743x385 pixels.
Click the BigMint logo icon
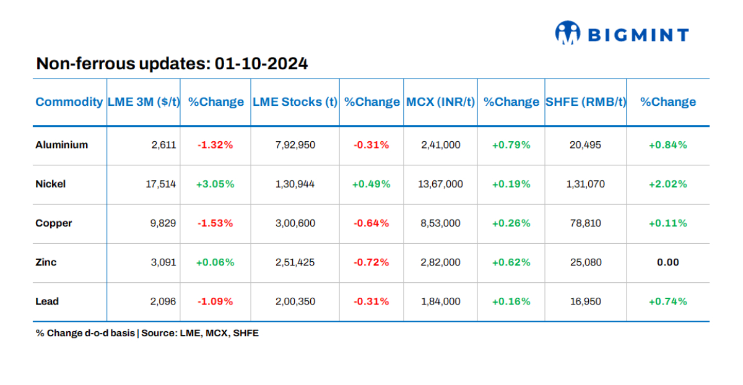pos(567,33)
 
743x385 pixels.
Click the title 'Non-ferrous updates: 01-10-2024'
pos(172,64)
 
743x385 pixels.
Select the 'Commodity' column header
pos(69,102)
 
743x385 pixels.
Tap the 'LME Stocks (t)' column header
pos(295,102)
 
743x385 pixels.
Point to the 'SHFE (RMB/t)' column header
pos(586,102)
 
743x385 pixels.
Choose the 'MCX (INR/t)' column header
pos(440,102)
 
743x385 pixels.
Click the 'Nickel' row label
pos(51,184)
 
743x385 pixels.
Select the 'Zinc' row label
pos(46,262)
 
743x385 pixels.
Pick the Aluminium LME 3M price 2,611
pos(164,145)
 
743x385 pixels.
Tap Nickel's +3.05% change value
pos(215,184)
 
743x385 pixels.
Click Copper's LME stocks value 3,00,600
pos(295,223)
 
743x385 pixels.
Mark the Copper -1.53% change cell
pos(215,223)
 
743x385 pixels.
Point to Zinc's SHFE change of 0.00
pos(667,262)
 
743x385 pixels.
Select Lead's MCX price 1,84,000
pos(440,301)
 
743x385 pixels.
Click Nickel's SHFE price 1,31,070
pos(586,184)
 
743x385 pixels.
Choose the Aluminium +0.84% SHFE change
pos(667,145)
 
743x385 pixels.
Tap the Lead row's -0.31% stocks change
pos(371,301)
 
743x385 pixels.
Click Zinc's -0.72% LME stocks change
pos(371,262)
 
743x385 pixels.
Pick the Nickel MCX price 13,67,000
pos(440,184)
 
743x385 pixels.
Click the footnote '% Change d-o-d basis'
pos(85,333)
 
